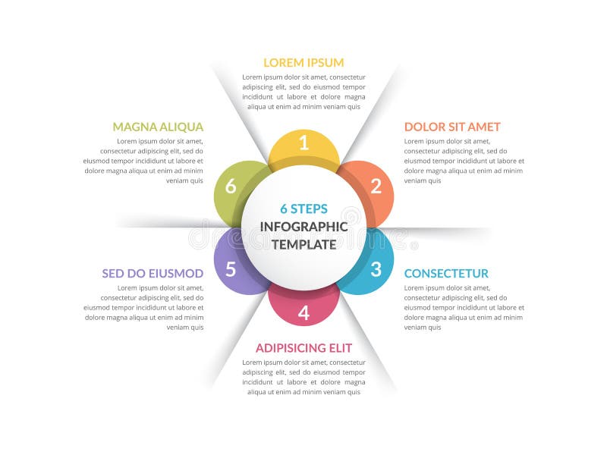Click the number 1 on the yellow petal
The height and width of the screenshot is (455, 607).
coord(303,142)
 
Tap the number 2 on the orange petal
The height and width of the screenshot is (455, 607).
coord(376,186)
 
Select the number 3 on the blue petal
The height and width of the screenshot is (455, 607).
coord(376,268)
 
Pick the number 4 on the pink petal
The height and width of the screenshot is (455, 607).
coord(303,312)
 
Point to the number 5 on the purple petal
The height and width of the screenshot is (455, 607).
coord(231,269)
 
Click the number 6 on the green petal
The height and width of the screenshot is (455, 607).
coord(231,186)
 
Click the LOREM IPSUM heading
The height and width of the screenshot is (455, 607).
coord(303,62)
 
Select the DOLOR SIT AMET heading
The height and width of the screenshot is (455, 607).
coord(452,127)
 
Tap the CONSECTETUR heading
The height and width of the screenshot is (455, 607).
coord(446,273)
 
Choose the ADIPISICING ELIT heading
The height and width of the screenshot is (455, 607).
coord(303,347)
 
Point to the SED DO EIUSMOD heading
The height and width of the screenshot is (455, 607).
coord(153,273)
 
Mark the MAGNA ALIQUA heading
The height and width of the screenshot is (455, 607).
coord(158,127)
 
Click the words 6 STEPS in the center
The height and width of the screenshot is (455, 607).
coord(303,209)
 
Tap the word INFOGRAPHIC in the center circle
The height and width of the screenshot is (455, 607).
coord(303,227)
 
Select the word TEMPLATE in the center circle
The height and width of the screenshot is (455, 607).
coord(303,244)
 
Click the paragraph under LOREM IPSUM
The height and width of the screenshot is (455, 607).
coord(303,92)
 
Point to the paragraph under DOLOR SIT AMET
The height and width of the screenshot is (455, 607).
coord(464,161)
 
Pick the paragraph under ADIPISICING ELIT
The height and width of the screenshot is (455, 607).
coord(303,377)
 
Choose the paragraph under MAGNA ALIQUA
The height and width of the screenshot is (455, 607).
coord(143,161)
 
